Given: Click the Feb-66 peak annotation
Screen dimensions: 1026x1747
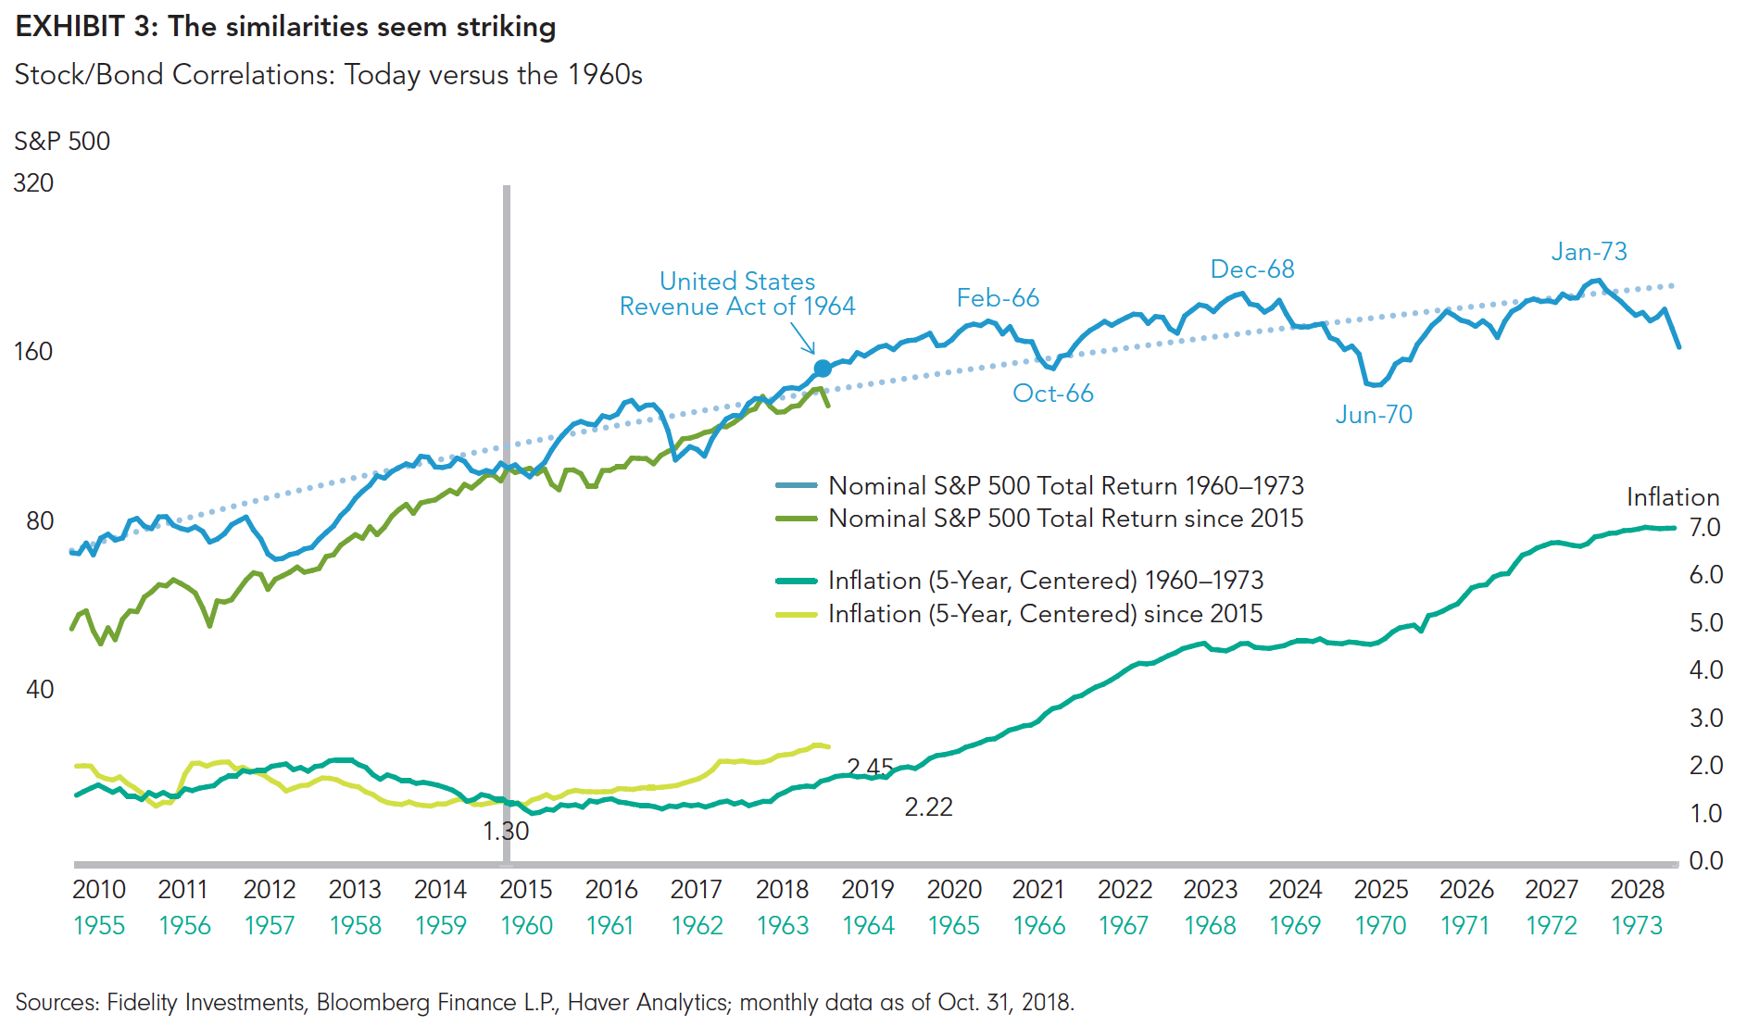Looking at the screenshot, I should point(998,298).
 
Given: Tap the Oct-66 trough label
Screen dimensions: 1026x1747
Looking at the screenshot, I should point(1053,394).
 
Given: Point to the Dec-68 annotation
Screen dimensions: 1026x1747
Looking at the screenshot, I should point(1252,269).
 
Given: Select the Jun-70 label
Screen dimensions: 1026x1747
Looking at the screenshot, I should point(1374,415).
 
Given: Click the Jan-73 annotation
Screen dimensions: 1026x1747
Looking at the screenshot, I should point(1589,252).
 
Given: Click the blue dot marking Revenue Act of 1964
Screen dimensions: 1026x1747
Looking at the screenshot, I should point(823,369).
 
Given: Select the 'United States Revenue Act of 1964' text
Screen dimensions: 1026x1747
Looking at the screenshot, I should point(737,294).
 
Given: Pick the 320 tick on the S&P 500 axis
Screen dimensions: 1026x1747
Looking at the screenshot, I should point(33,183).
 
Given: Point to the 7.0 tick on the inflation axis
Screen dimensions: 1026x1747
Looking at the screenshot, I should point(1704,528).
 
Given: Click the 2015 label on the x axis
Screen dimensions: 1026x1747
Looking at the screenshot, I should point(525,890).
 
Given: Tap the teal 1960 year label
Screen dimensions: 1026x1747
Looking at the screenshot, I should point(526,926).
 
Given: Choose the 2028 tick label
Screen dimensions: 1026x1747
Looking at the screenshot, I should point(1637,890).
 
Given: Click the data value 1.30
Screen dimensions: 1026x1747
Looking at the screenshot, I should point(506,832).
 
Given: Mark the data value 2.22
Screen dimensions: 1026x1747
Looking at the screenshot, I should point(928,807).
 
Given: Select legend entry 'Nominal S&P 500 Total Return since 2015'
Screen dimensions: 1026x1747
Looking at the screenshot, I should point(1065,519).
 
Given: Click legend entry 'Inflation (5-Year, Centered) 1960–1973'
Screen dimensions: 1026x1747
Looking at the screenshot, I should point(1045,581).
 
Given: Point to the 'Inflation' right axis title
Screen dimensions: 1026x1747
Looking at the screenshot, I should point(1673,497).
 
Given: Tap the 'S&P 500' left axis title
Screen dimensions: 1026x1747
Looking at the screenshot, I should point(62,142).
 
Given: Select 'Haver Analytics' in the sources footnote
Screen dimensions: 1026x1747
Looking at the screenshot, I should point(647,1003).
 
